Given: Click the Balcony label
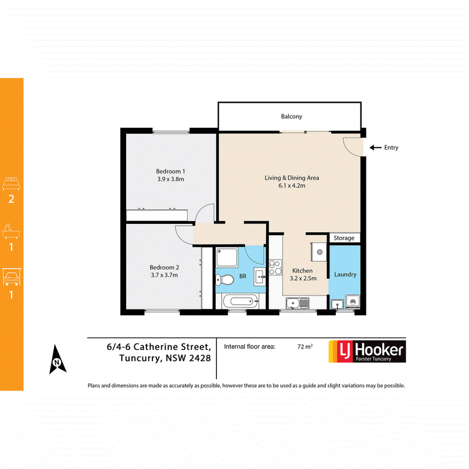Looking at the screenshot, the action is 291,117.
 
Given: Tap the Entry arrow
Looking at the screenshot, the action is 375,148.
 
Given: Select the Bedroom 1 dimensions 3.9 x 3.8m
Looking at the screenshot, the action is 171,179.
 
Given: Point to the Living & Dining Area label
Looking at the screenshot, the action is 291,178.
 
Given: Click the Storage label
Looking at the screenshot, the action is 344,238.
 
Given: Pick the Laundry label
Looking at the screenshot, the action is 345,274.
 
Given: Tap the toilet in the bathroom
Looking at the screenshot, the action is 225,280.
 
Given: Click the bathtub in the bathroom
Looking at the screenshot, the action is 240,301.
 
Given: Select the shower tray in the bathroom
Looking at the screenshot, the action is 227,257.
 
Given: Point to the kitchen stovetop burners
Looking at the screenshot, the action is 275,267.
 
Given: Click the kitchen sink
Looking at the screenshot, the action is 297,303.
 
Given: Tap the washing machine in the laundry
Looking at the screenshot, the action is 353,301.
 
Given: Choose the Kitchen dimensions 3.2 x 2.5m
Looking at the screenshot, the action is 303,278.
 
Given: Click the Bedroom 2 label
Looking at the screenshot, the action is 164,267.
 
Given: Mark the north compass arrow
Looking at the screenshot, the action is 57,359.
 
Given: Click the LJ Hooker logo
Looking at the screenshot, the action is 367,351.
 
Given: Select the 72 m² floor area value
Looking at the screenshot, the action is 305,346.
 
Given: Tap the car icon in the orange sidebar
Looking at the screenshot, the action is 12,277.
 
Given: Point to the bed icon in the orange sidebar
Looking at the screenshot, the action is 11,183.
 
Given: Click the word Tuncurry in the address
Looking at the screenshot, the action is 139,358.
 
